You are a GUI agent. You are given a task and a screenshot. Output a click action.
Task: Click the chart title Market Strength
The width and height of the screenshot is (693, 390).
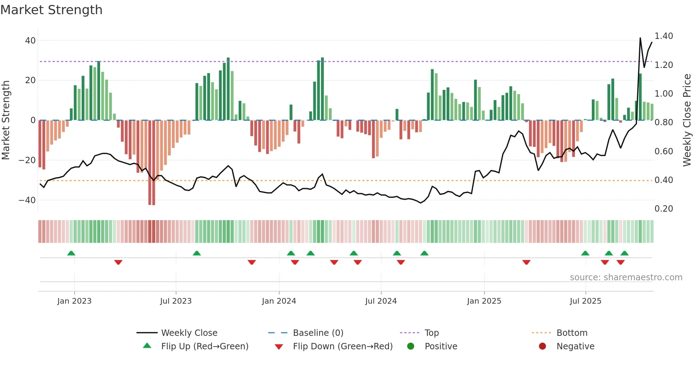(x=51, y=10)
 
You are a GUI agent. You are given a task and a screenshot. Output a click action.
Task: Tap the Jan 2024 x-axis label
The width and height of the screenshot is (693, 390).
(x=279, y=301)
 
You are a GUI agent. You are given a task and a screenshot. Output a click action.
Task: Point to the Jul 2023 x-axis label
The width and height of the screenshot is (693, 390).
(x=176, y=301)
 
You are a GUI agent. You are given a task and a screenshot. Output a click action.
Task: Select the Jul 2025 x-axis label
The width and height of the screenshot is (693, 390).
(x=585, y=301)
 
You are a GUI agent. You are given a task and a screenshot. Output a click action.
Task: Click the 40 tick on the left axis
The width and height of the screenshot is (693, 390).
(x=30, y=41)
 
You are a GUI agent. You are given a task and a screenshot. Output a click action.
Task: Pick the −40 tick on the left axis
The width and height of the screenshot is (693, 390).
(x=27, y=200)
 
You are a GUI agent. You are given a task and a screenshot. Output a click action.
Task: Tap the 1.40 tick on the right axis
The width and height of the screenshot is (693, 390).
(x=664, y=36)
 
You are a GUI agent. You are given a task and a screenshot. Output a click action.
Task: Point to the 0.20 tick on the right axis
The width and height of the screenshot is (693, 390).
(x=664, y=209)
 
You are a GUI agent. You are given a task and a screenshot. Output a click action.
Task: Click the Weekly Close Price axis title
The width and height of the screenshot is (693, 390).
(x=687, y=120)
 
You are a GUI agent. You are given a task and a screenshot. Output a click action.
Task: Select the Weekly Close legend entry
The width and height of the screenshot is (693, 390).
(x=189, y=333)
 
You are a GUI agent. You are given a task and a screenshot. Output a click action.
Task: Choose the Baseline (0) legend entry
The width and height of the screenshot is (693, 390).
(x=318, y=333)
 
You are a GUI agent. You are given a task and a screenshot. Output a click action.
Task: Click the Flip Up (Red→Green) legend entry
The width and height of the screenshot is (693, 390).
(x=204, y=346)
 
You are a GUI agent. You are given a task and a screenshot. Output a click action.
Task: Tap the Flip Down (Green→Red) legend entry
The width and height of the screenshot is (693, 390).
(x=343, y=346)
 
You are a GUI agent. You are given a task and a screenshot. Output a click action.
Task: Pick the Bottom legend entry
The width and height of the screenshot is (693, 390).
(x=572, y=333)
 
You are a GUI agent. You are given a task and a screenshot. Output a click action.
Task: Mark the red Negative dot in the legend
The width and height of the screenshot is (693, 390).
(x=542, y=346)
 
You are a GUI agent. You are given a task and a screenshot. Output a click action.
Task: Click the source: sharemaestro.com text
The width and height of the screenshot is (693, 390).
(x=626, y=277)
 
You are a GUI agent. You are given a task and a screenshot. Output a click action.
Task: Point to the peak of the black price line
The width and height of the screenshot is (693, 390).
(x=640, y=38)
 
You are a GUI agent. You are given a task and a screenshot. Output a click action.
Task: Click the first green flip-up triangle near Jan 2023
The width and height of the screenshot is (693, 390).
(x=71, y=253)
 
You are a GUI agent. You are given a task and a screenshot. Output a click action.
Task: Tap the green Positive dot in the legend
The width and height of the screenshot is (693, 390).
(x=410, y=346)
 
